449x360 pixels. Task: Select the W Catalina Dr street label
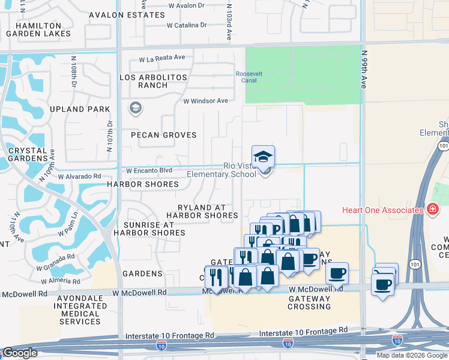186,25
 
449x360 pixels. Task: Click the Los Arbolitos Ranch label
153,81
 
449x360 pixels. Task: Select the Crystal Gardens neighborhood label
28,154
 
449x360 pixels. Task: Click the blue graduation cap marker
263,157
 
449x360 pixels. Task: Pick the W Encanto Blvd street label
148,170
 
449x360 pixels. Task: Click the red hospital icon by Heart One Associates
433,209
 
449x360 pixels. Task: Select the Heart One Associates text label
382,210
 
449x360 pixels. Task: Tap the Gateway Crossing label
309,302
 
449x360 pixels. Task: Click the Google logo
20,353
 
